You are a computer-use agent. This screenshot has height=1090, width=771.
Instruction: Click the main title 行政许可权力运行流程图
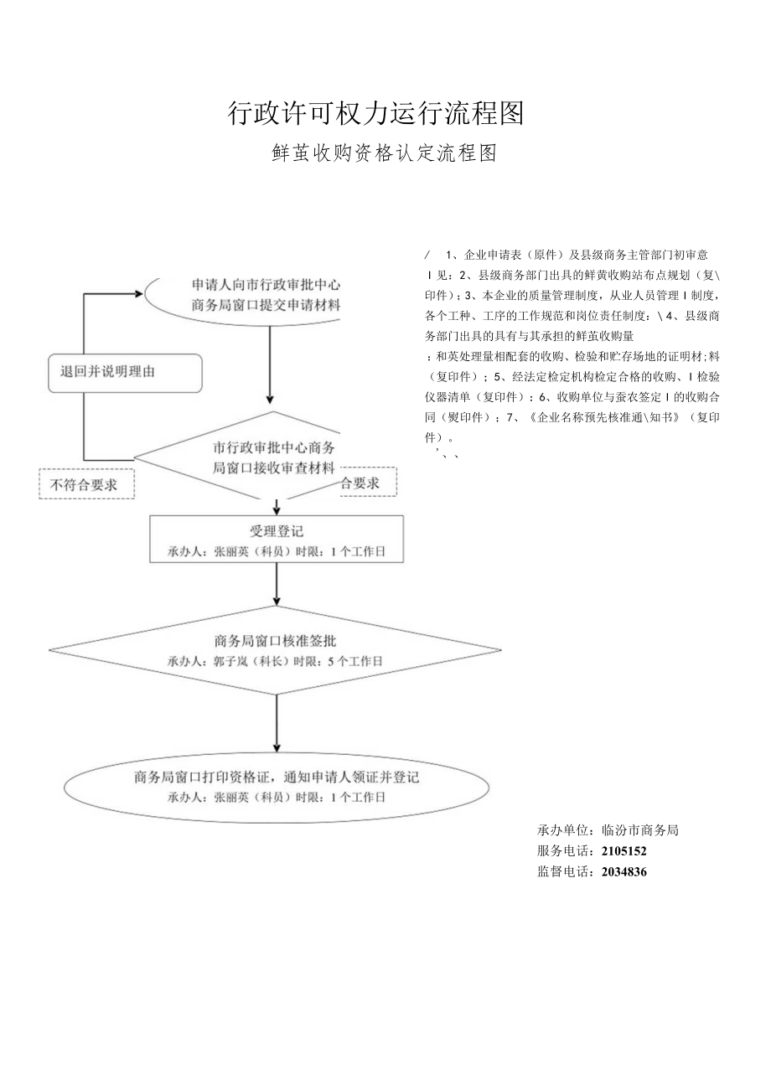coord(375,112)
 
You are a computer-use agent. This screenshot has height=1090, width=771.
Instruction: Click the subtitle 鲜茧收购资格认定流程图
coord(385,153)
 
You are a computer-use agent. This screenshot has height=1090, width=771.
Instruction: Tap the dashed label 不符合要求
coord(85,484)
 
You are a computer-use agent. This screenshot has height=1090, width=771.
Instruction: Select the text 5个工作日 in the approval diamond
coord(354,661)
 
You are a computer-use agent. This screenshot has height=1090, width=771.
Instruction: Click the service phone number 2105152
coord(624,850)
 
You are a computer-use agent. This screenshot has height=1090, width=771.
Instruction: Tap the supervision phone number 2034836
coord(624,871)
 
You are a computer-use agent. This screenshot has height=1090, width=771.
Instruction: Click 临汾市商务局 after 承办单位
coord(640,830)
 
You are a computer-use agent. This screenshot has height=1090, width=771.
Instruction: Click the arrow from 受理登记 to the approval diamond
coord(277,585)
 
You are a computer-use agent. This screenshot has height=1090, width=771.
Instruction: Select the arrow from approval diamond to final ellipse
coord(277,724)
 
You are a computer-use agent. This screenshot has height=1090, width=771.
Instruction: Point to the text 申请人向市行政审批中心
coord(266,284)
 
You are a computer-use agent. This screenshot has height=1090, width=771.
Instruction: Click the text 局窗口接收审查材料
coord(275,467)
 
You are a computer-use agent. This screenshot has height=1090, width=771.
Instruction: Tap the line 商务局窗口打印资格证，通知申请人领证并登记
coord(277,777)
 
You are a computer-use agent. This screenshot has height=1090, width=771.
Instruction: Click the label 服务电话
coord(565,850)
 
